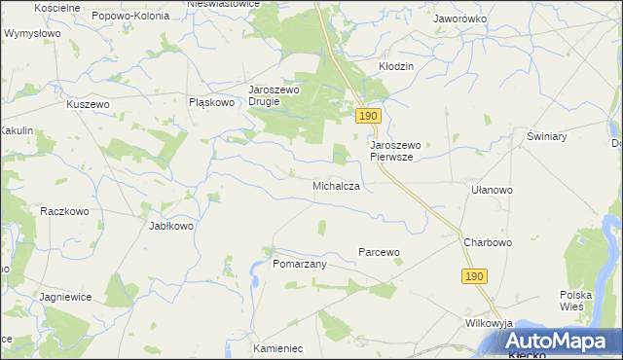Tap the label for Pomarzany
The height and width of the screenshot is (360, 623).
tap(299, 264)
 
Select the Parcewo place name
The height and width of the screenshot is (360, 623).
tap(380, 252)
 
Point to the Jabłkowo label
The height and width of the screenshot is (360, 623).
tap(170, 226)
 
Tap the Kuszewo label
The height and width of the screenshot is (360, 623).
tap(88, 104)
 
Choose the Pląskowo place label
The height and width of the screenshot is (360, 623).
tap(212, 101)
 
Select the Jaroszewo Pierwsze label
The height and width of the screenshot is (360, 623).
tap(396, 151)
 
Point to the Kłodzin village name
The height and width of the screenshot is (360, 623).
tap(396, 66)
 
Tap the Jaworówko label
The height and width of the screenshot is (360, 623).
tap(460, 18)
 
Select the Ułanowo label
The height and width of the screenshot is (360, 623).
tap(492, 191)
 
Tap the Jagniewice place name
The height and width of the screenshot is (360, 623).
tap(66, 296)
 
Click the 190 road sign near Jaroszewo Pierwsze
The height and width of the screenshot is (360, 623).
tap(367, 116)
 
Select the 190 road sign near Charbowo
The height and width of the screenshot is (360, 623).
tap(474, 277)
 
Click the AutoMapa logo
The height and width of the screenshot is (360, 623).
tap(565, 342)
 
